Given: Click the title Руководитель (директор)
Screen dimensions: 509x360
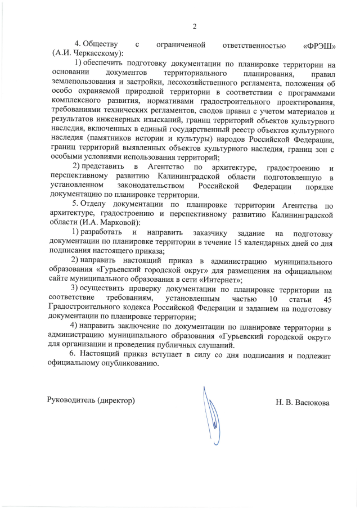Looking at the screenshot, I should click(91, 400).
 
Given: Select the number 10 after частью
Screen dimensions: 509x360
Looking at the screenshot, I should click(273, 299).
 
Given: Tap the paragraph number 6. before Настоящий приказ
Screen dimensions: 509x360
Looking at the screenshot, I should click(72, 354).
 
